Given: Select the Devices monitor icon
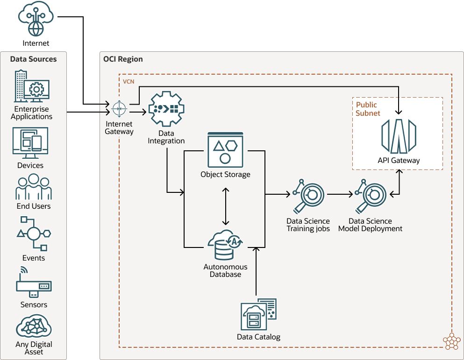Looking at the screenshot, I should [30, 143].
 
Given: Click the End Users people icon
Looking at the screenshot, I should [34, 187].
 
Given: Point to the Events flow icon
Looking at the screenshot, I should [34, 233].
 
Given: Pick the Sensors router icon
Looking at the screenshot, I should [34, 283].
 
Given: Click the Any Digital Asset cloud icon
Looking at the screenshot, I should [34, 326].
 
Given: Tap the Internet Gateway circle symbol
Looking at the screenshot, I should [119, 108].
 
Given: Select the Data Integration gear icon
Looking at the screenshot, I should [166, 109].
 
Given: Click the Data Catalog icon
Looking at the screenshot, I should [258, 315].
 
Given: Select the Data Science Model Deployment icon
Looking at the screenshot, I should [370, 196].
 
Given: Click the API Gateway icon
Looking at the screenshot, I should [399, 136].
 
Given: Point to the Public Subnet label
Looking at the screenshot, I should [368, 109].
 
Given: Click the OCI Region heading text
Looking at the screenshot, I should [123, 59].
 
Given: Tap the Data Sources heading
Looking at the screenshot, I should [34, 59].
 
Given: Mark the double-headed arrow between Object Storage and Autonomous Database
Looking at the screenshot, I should [226, 206].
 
